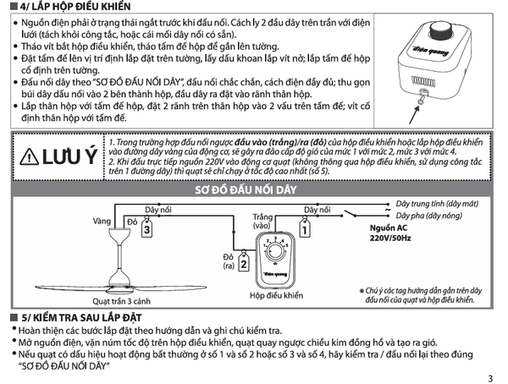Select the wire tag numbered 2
tap(243, 264)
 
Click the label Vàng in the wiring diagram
tap(103, 220)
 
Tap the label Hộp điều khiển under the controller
tap(275, 297)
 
